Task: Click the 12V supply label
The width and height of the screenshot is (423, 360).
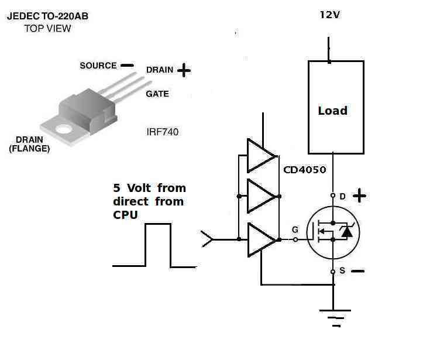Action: pyautogui.click(x=329, y=15)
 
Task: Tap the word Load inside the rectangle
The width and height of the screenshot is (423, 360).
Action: pyautogui.click(x=332, y=111)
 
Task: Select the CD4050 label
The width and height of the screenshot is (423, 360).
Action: pyautogui.click(x=305, y=170)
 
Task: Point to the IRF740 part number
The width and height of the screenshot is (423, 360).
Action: pyautogui.click(x=163, y=132)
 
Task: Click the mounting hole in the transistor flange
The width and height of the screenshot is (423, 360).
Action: pyautogui.click(x=64, y=129)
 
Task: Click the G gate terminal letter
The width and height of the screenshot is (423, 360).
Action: pyautogui.click(x=295, y=229)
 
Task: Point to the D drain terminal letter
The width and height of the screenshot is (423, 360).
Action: pyautogui.click(x=342, y=197)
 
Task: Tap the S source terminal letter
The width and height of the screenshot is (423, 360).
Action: pyautogui.click(x=342, y=270)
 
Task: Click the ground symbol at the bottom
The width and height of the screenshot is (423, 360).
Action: pyautogui.click(x=335, y=318)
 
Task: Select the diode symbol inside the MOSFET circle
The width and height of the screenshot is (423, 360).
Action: pyautogui.click(x=346, y=232)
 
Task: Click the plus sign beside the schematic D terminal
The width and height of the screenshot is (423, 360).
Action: pyautogui.click(x=359, y=196)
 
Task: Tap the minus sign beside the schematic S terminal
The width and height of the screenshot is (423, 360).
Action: pyautogui.click(x=358, y=271)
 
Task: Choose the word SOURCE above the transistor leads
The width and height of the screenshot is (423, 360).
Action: pyautogui.click(x=98, y=66)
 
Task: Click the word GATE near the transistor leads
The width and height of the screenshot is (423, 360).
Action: pyautogui.click(x=157, y=94)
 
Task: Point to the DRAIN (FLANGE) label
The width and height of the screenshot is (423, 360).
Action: pyautogui.click(x=29, y=144)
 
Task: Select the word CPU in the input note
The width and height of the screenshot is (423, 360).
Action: pyautogui.click(x=125, y=215)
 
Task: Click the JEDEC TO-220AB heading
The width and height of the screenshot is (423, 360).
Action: pyautogui.click(x=47, y=16)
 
